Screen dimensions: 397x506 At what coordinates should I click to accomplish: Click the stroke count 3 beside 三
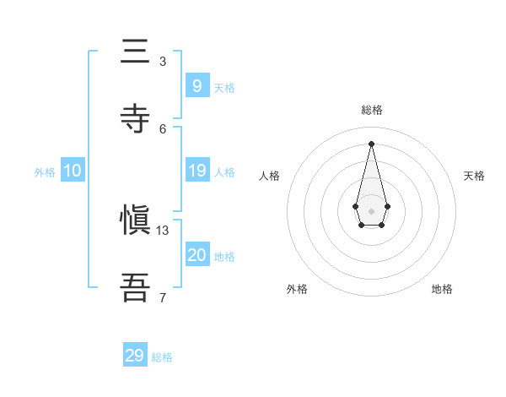(163, 61)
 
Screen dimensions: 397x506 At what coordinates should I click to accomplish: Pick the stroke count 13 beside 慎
(163, 230)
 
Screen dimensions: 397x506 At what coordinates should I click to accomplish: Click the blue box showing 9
(196, 85)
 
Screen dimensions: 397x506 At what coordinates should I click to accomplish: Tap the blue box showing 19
(196, 171)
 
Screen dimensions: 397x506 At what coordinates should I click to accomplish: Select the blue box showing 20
(196, 255)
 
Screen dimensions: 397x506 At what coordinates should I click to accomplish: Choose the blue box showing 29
(135, 356)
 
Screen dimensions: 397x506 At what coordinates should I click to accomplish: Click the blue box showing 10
(73, 171)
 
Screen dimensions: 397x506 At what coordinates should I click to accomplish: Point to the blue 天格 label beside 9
(224, 87)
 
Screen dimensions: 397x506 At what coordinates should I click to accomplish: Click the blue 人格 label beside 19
(224, 172)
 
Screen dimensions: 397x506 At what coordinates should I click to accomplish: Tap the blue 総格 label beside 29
(162, 357)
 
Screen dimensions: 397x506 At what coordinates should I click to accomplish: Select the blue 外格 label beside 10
(45, 172)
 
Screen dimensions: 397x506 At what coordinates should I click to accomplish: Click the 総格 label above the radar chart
(372, 111)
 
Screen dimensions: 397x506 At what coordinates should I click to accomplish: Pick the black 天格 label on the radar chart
(475, 176)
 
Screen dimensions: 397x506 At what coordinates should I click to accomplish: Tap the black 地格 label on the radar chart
(442, 289)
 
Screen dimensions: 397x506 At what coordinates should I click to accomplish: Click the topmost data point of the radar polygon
(371, 144)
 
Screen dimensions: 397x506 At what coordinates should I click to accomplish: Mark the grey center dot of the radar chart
(371, 211)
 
